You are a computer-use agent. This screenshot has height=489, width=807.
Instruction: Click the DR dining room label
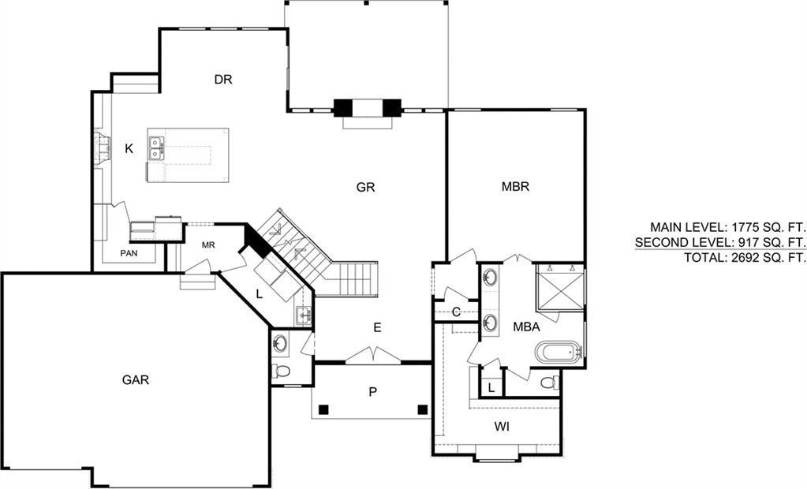click(x=223, y=80)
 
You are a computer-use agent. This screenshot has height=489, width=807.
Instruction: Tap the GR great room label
click(x=365, y=187)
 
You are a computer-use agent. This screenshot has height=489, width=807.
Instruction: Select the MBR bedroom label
click(x=515, y=186)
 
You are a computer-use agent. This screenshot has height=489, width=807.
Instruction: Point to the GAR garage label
click(x=136, y=380)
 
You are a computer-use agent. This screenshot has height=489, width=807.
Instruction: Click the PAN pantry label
click(x=129, y=253)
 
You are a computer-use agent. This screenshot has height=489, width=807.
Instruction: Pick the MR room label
click(x=208, y=245)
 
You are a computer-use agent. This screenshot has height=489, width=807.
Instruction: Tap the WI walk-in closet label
click(x=502, y=426)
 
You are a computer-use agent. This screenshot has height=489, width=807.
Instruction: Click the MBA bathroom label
click(x=526, y=327)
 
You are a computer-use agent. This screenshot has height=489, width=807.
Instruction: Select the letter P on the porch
click(x=372, y=392)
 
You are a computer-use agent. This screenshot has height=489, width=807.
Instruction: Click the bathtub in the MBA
click(x=558, y=353)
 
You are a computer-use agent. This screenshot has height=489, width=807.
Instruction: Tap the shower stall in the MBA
click(x=560, y=286)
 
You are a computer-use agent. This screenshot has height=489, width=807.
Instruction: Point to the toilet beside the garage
click(x=281, y=371)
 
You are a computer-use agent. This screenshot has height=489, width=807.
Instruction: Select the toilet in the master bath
click(x=550, y=383)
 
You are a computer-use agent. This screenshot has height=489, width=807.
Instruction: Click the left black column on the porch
click(x=323, y=409)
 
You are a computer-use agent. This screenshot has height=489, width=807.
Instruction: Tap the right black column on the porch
click(x=423, y=409)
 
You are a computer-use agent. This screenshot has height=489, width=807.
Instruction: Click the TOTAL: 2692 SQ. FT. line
click(x=744, y=257)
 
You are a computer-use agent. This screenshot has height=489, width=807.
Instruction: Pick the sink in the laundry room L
click(x=304, y=315)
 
